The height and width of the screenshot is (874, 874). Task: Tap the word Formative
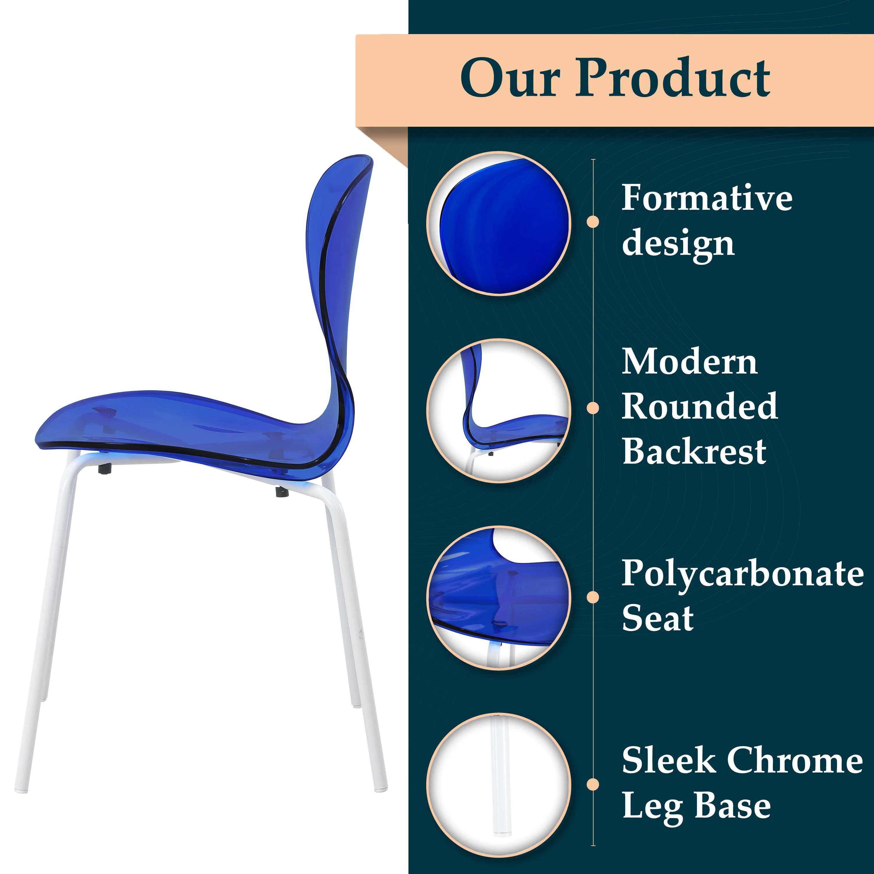click(x=706, y=198)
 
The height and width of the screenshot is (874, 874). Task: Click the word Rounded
click(x=700, y=406)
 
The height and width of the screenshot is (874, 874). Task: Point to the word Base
click(x=732, y=806)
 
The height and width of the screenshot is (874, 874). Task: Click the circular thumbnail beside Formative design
click(x=498, y=223)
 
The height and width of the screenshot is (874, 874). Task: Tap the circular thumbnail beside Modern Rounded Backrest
click(x=498, y=411)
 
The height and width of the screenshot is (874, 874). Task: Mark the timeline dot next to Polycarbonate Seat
click(x=593, y=597)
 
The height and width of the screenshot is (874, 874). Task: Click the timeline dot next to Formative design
click(x=593, y=222)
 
